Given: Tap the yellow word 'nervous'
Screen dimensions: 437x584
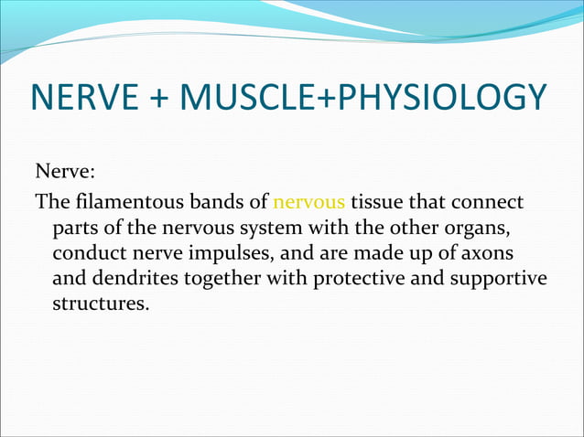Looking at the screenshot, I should click(308, 201).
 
